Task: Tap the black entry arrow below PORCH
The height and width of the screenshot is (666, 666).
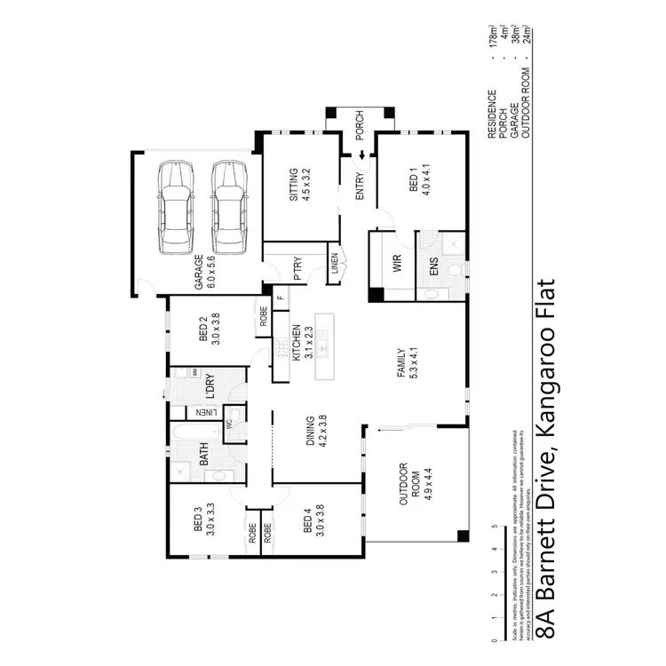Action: [362, 157]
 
